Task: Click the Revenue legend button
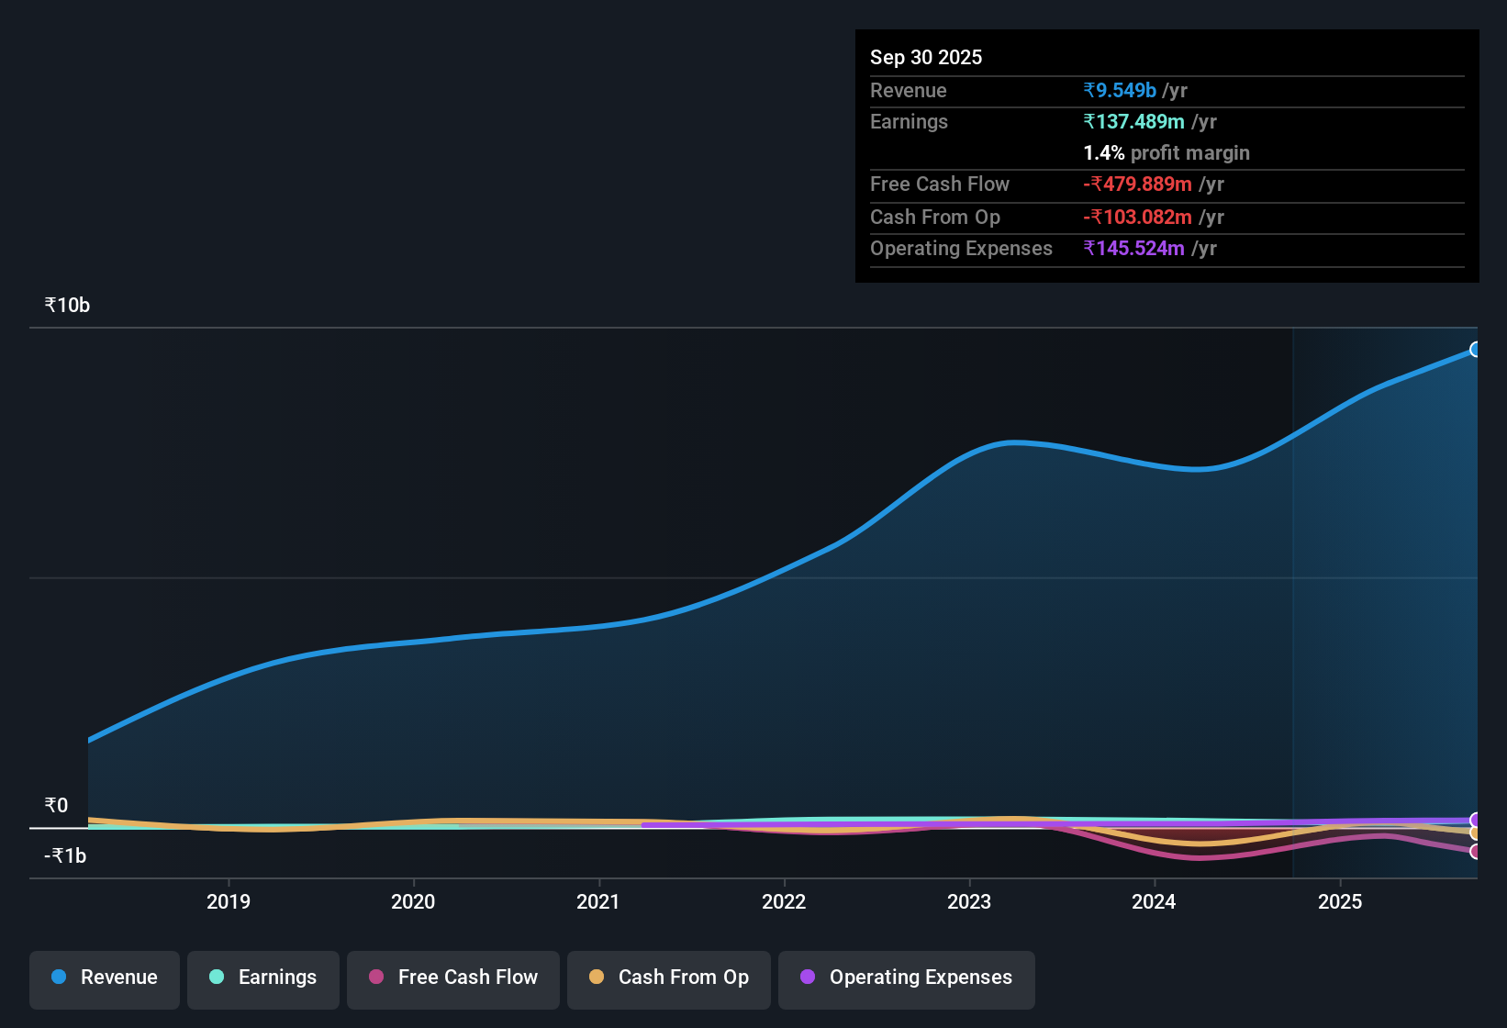point(105,978)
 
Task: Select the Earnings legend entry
point(263,978)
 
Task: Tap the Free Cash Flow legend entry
point(453,978)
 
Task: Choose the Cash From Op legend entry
point(669,978)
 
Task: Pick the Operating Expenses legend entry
point(907,978)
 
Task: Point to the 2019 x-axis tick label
point(229,901)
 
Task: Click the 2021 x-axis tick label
point(598,901)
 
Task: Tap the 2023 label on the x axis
point(969,901)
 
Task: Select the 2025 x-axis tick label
point(1340,901)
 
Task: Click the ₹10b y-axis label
point(67,306)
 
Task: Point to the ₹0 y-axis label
point(56,806)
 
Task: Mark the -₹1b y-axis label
point(65,856)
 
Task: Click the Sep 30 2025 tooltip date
point(926,58)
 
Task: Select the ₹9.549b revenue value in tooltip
point(1120,91)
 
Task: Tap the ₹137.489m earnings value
point(1133,122)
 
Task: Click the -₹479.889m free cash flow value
point(1137,184)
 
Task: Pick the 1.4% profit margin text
point(1166,153)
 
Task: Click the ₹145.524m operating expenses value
point(1133,249)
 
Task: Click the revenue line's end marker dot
point(1475,350)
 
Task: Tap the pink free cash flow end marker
point(1475,852)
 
